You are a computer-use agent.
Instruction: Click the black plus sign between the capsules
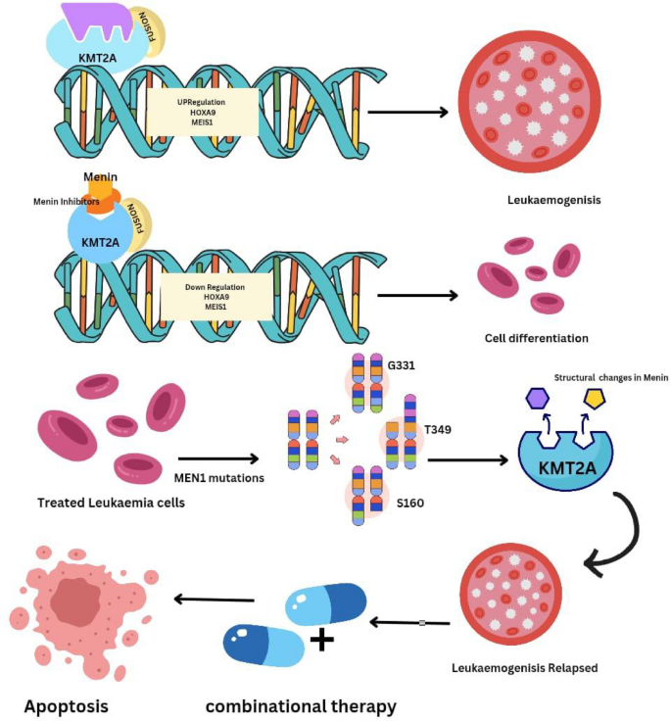pyautogui.click(x=320, y=643)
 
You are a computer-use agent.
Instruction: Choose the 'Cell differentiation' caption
pyautogui.click(x=536, y=338)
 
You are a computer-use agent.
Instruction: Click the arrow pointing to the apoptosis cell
pyautogui.click(x=214, y=600)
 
